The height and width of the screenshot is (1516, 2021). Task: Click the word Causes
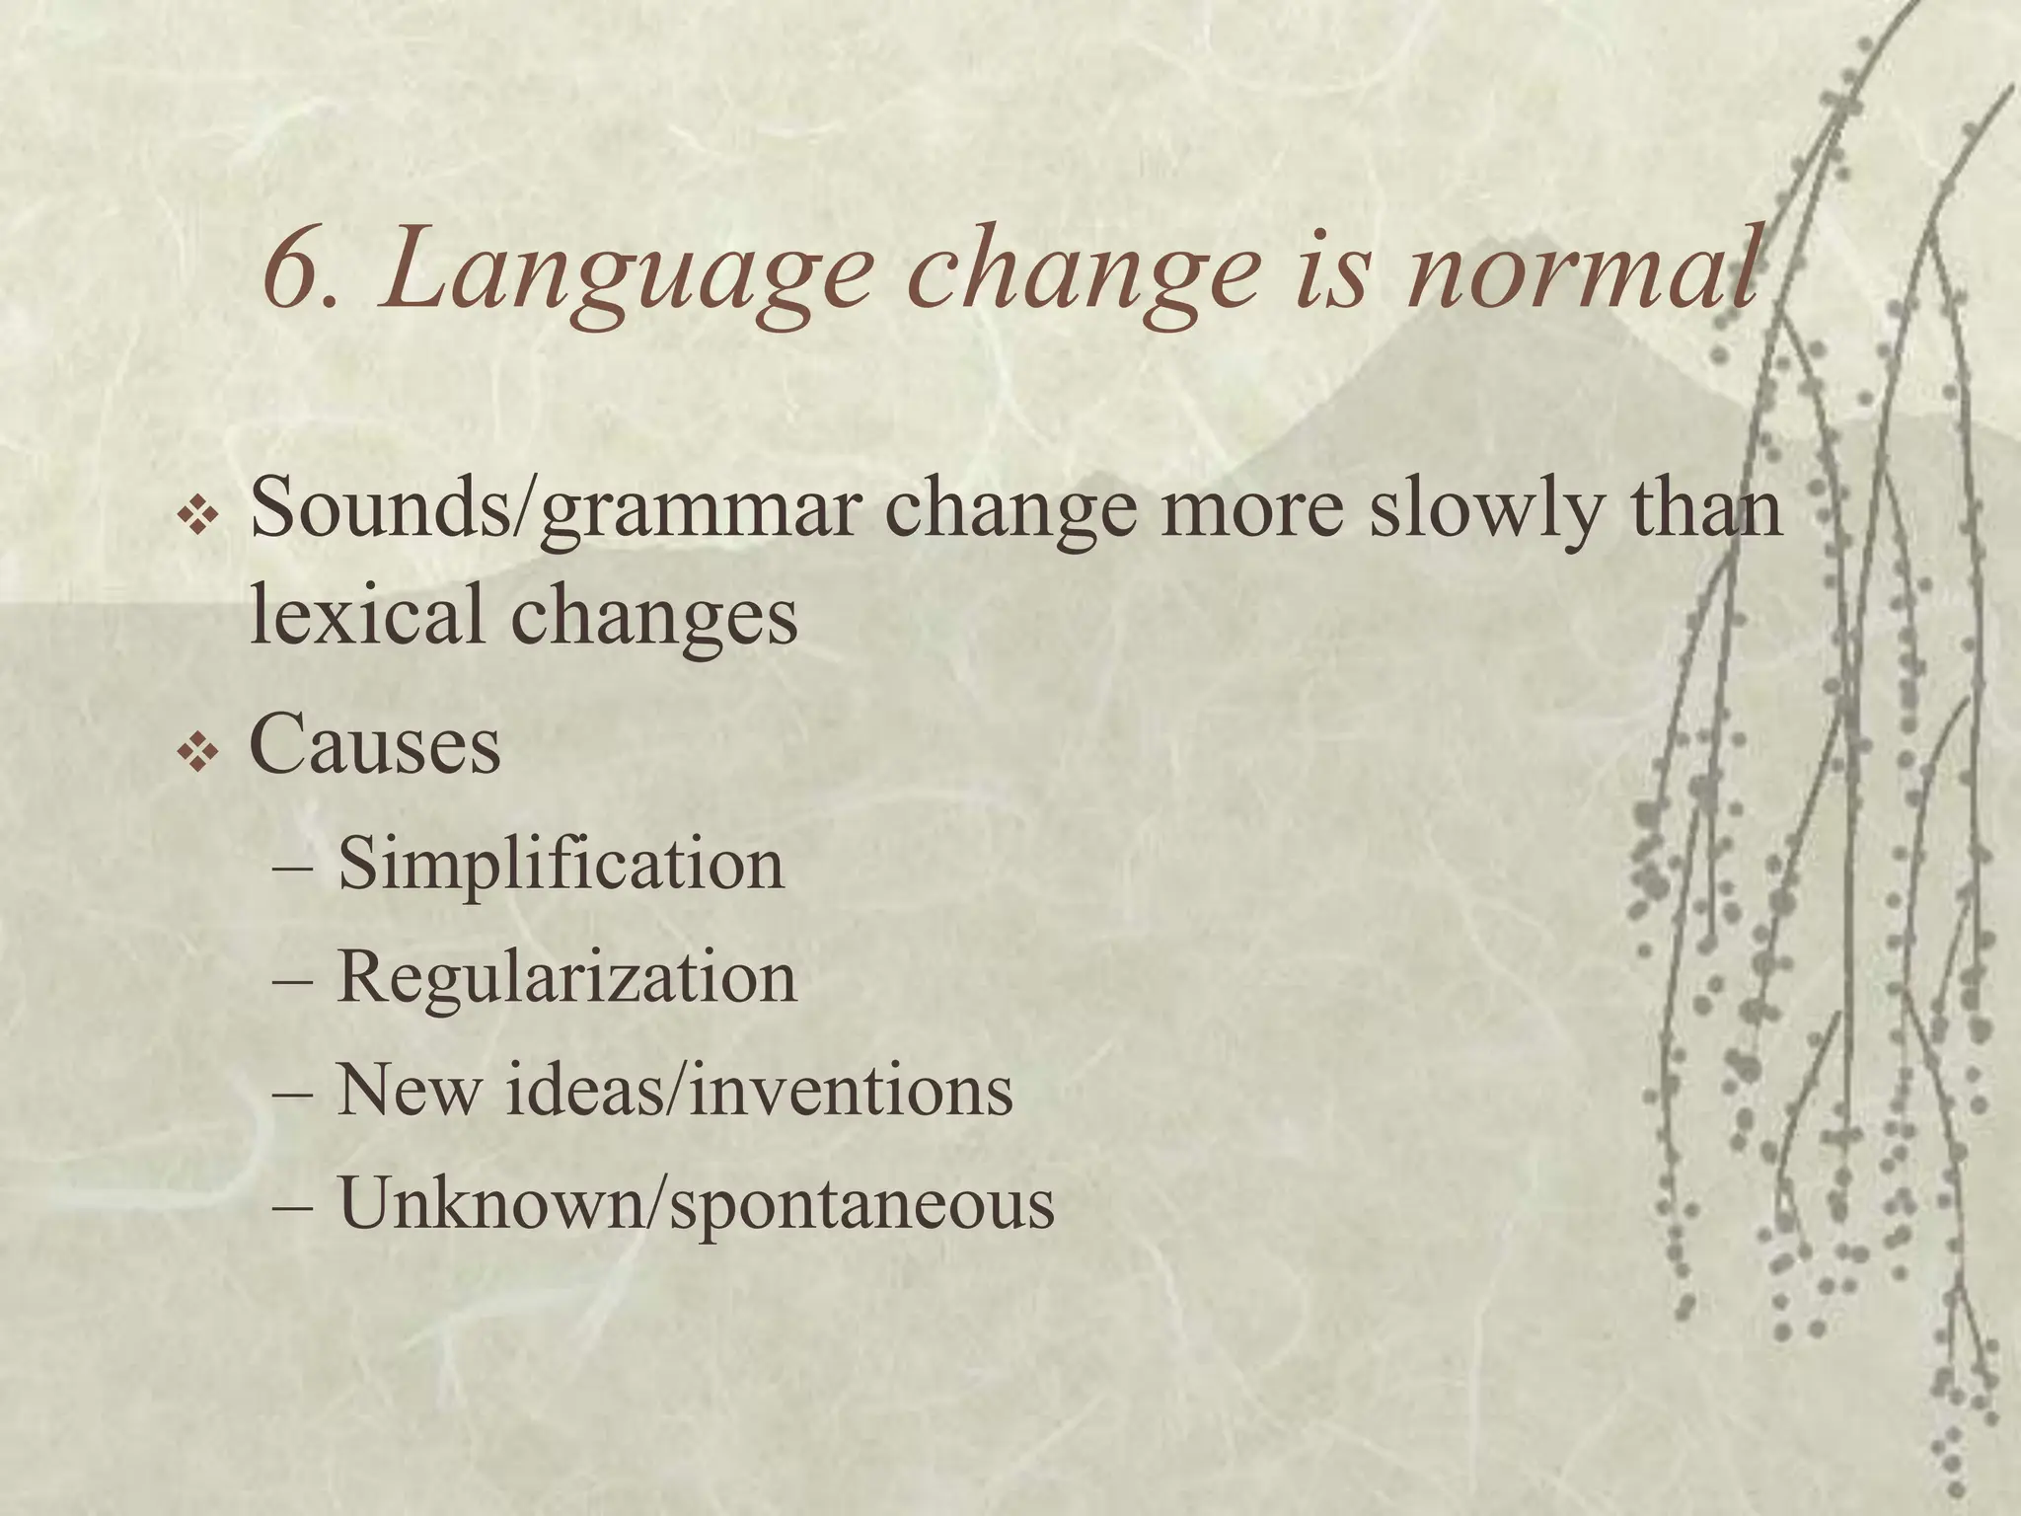pyautogui.click(x=375, y=745)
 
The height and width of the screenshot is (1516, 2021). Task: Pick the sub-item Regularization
pyautogui.click(x=566, y=979)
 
